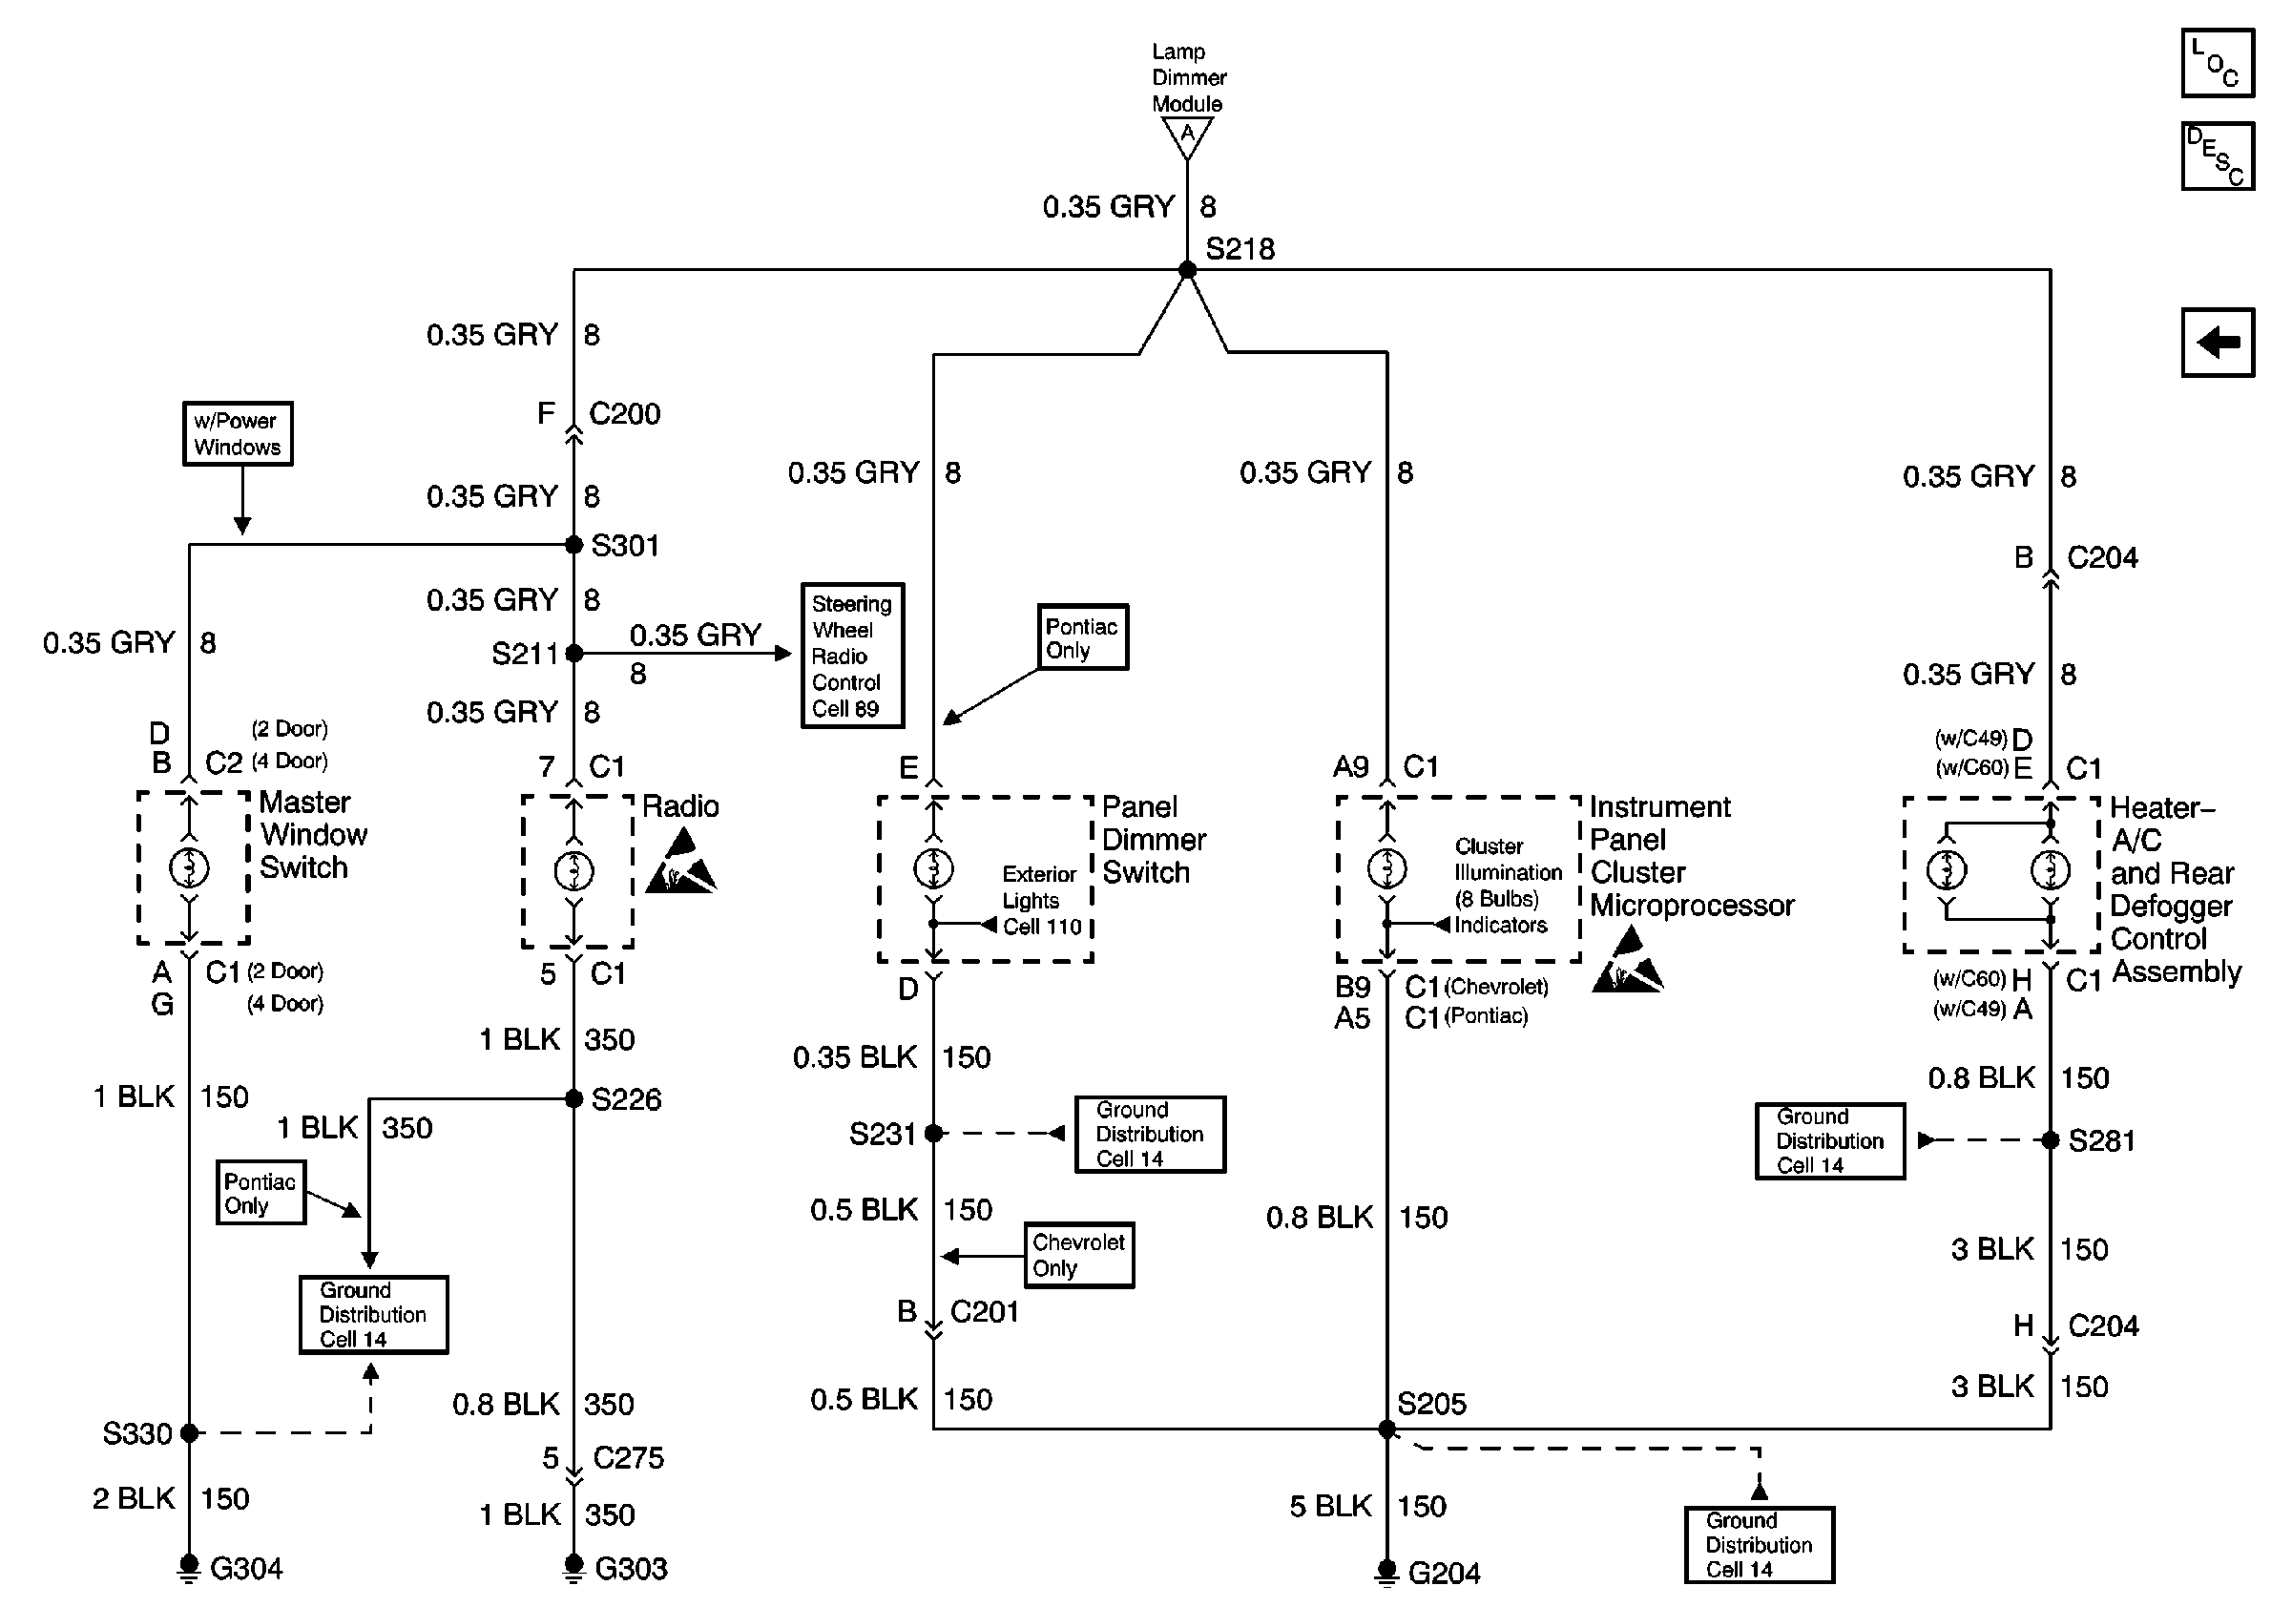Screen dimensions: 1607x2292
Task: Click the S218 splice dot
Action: coord(1187,269)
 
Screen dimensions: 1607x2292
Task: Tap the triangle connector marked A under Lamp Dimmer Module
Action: coord(1187,136)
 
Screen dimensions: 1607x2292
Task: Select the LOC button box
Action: coord(2218,63)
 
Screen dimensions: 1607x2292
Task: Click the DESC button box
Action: coord(2218,156)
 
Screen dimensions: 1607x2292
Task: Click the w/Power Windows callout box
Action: coord(238,433)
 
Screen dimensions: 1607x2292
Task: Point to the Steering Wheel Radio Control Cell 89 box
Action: coord(852,656)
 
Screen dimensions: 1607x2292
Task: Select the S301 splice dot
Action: coord(574,544)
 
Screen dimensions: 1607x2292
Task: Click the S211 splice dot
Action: coord(574,653)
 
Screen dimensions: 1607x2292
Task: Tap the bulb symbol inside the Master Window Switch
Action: coord(190,867)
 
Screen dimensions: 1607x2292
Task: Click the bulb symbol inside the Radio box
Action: coord(574,870)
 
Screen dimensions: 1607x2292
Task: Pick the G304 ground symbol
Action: coord(189,1567)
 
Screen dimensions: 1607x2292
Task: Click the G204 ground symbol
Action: coord(1386,1572)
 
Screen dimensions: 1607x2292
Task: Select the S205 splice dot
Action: coord(1386,1430)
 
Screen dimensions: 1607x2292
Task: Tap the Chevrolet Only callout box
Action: coord(1079,1256)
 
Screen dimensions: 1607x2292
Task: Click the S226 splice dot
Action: coord(574,1099)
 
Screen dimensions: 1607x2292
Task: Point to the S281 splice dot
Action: coord(2051,1139)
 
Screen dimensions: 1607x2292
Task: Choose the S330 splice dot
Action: coord(189,1433)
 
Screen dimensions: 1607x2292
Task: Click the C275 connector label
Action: coord(628,1458)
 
